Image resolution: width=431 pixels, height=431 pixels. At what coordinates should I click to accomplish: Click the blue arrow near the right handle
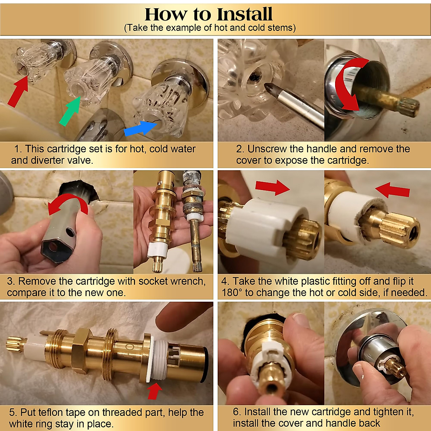140,129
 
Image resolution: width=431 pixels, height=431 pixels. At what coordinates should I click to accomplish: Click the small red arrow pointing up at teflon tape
154,391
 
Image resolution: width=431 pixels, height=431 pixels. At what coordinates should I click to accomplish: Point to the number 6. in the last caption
237,412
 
